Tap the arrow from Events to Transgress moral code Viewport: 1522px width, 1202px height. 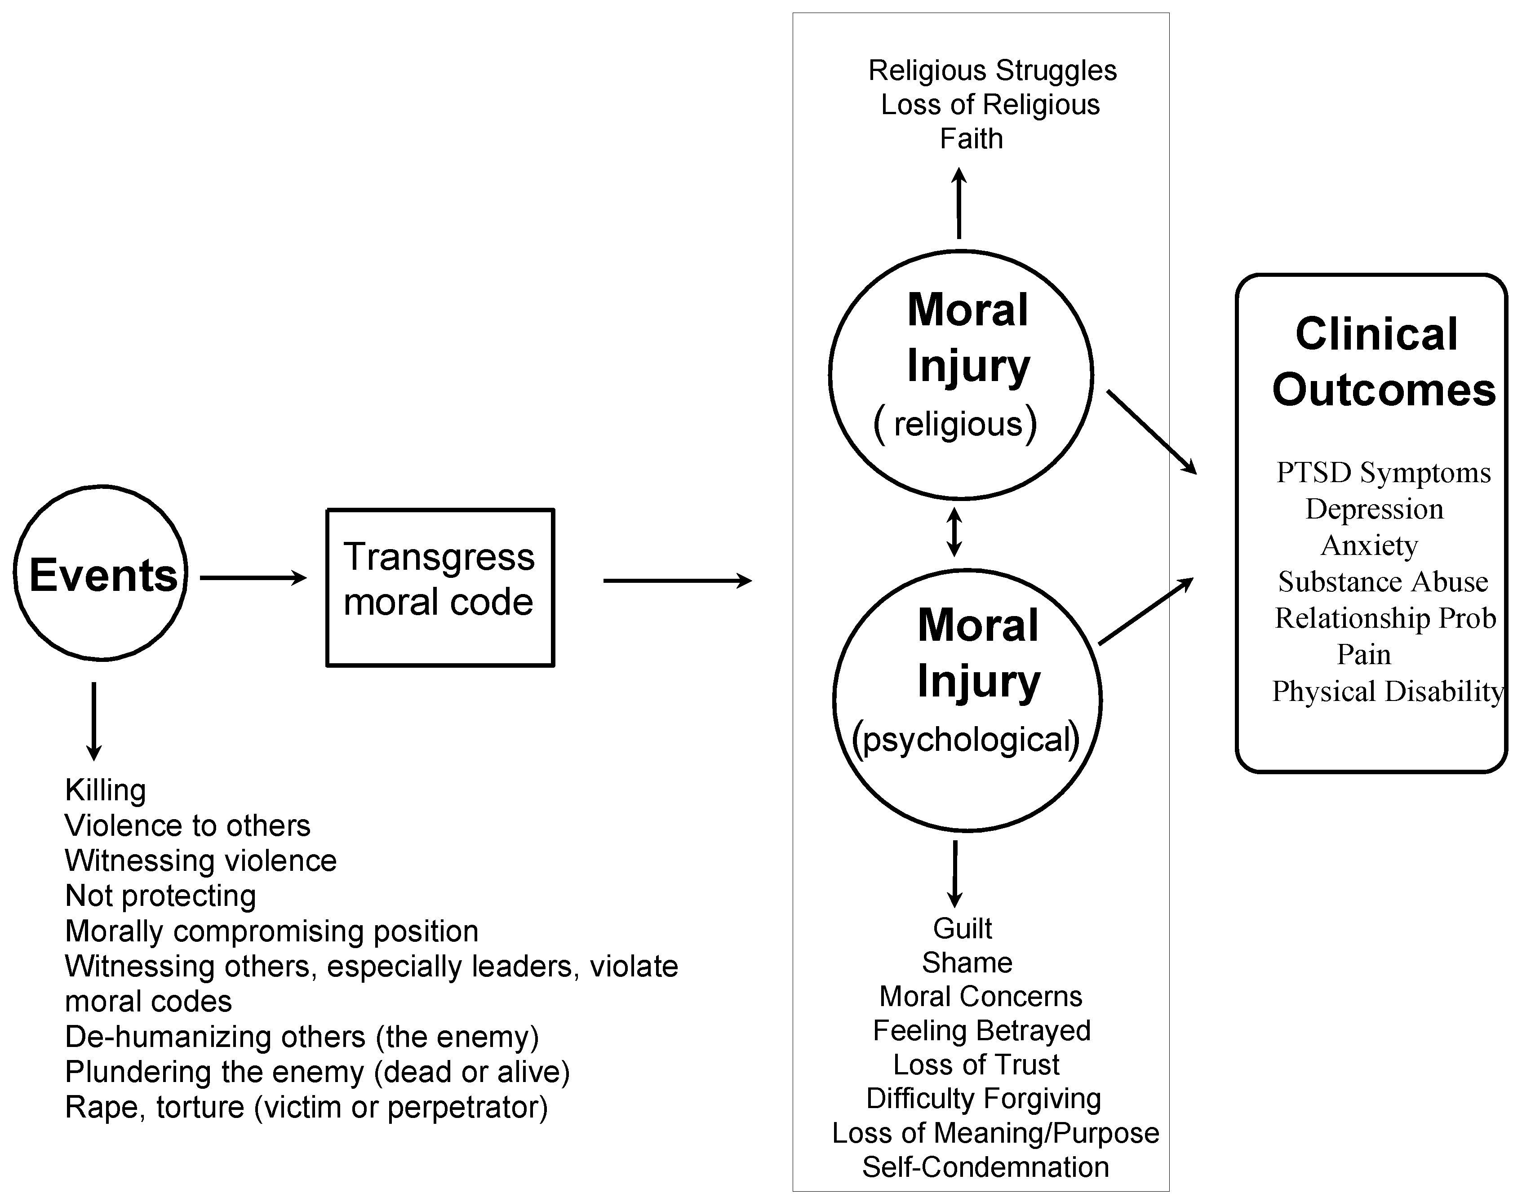coord(253,578)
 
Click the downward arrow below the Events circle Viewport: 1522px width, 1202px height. coord(93,721)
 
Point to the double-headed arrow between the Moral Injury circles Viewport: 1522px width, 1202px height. coord(954,532)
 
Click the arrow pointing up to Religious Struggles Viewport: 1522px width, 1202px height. coord(958,203)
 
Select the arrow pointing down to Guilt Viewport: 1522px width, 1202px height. coord(955,874)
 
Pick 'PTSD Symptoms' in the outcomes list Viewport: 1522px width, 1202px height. coord(1384,473)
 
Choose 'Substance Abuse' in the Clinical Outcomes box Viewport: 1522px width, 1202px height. coord(1383,582)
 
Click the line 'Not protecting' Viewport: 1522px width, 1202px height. coord(160,896)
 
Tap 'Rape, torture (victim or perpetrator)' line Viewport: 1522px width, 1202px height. coord(306,1107)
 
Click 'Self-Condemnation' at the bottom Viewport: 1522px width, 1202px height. coord(985,1167)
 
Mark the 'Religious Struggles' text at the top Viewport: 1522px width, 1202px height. coord(992,71)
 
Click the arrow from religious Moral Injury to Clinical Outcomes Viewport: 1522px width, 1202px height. coord(1152,432)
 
